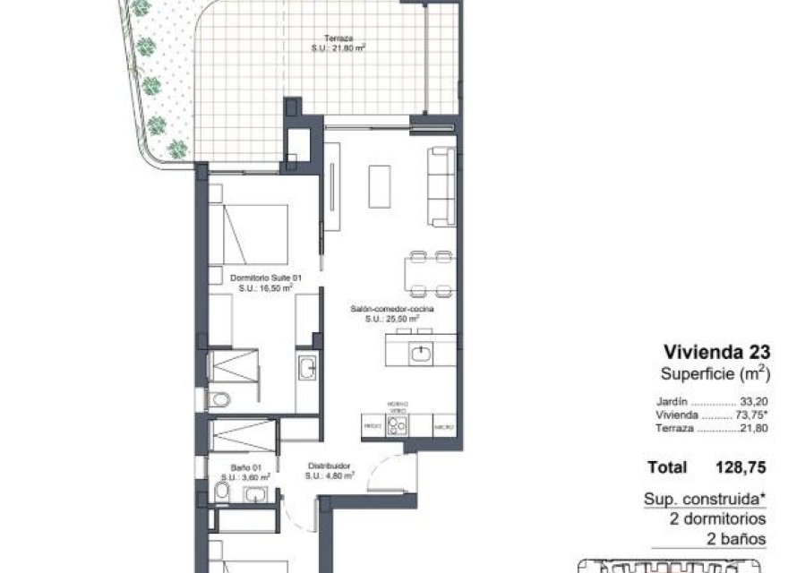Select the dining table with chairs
pos(430,273)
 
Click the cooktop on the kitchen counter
pos(398,425)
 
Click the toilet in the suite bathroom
pos(218,399)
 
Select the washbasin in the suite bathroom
pos(307,368)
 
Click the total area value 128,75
pos(734,467)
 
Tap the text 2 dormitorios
pos(717,518)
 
